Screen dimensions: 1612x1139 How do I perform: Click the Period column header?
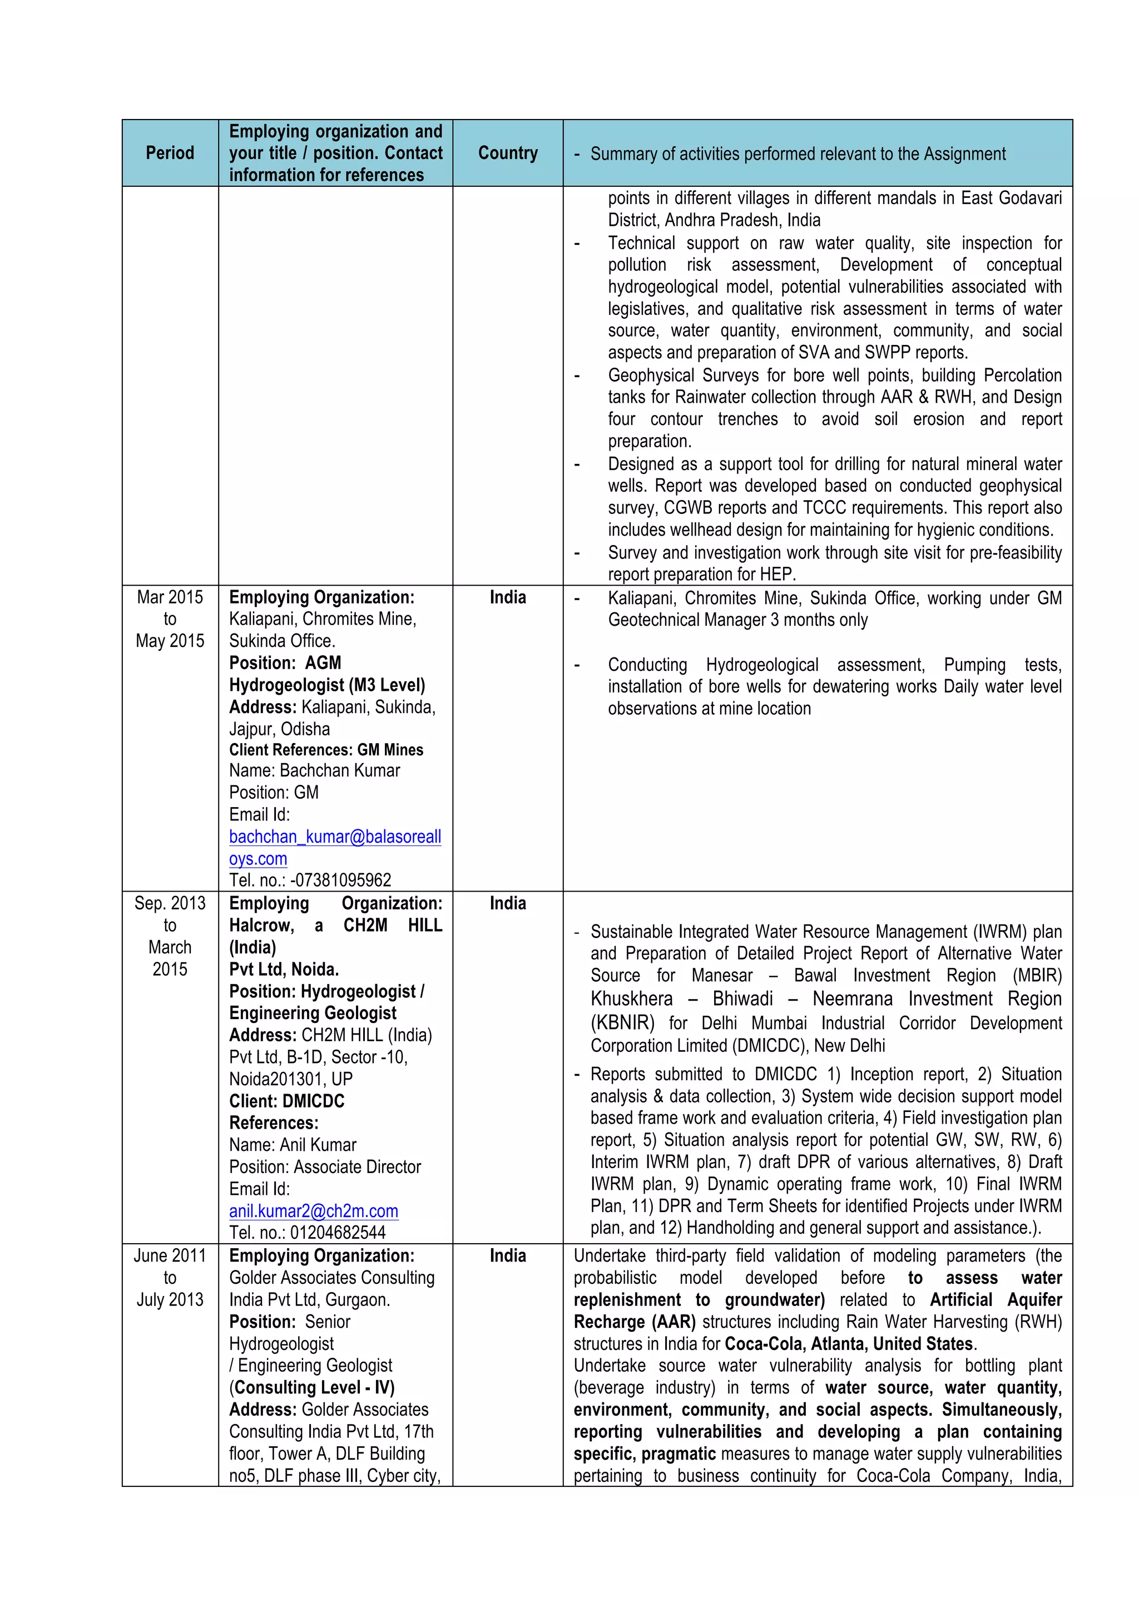tap(170, 153)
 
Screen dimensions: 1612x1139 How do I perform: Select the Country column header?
tap(507, 153)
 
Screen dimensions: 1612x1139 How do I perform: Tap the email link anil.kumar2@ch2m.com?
tap(313, 1210)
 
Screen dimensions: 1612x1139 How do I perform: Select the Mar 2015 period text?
tap(170, 597)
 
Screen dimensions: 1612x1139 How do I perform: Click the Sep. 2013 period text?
tap(170, 903)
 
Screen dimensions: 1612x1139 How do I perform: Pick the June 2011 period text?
tap(170, 1255)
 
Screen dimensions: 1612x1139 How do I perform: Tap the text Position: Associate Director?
tap(325, 1166)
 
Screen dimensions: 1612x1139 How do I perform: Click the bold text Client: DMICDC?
tap(286, 1100)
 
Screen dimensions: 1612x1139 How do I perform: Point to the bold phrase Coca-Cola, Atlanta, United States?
tap(849, 1343)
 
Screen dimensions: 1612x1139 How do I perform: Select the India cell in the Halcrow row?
tap(507, 903)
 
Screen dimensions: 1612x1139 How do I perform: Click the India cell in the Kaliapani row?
tap(507, 597)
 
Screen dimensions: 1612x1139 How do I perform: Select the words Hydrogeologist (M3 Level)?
tap(327, 685)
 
